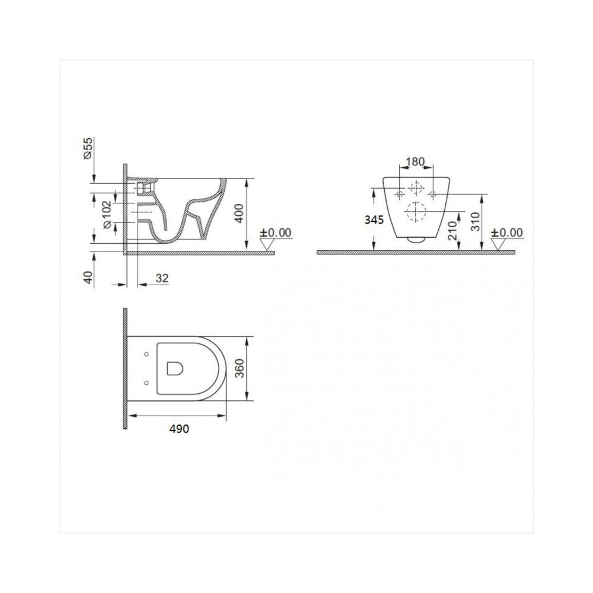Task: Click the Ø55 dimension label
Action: [88, 148]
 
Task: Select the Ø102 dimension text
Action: [107, 214]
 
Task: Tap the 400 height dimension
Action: [240, 213]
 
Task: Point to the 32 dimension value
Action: [162, 278]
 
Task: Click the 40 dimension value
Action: [88, 277]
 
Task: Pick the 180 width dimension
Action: [415, 162]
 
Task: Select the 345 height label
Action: [374, 220]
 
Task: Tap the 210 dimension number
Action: [452, 230]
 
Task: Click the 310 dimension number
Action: [476, 222]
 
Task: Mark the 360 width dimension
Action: [240, 368]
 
